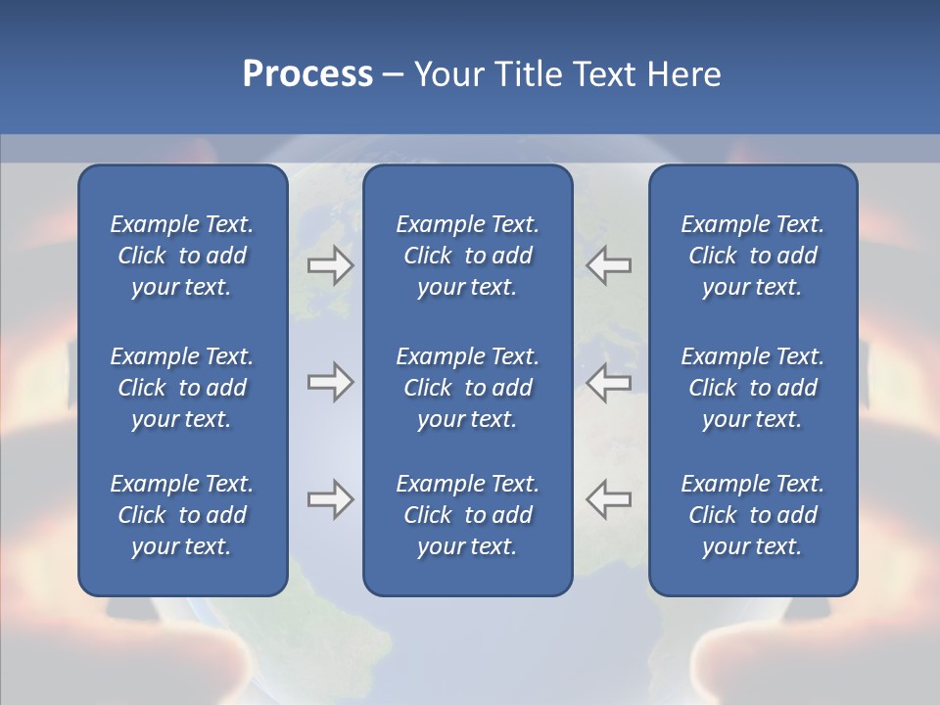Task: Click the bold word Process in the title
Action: click(307, 74)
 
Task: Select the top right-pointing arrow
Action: click(330, 265)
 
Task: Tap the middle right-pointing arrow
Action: click(330, 382)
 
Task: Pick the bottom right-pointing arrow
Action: click(330, 499)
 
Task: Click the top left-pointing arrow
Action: click(609, 265)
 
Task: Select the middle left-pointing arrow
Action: click(609, 382)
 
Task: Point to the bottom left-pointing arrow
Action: click(609, 499)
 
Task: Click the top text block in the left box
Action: click(182, 256)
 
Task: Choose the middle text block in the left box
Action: click(182, 388)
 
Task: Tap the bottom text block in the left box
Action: click(182, 515)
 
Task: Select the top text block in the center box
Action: click(467, 256)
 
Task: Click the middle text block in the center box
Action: click(467, 388)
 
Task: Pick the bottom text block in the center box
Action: click(467, 515)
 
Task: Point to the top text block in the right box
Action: click(752, 256)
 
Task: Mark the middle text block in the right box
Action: click(752, 388)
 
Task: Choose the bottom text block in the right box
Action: click(752, 515)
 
